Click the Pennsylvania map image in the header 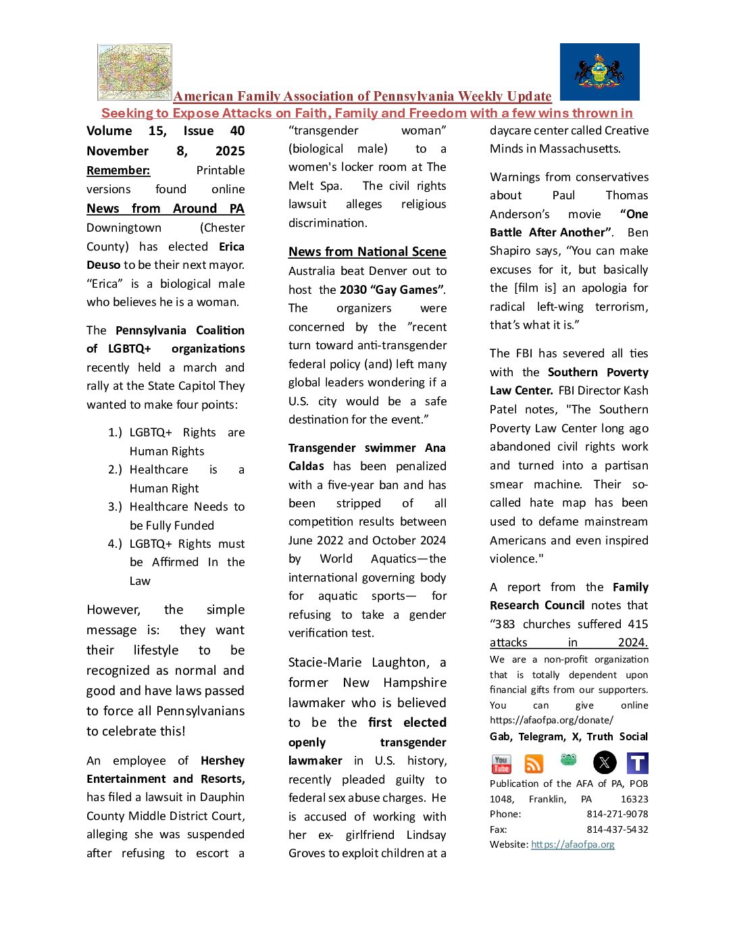point(134,72)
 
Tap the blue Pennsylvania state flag point(599,72)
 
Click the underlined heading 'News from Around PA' point(166,209)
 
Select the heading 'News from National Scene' point(367,252)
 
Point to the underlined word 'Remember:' point(118,170)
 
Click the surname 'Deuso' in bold point(103,265)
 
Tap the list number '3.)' point(115,507)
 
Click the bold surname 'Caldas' point(306,466)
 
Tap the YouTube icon point(501,763)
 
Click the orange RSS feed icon point(534,763)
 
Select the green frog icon point(569,761)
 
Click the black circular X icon point(605,763)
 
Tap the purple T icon point(638,763)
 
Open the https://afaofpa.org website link point(573,844)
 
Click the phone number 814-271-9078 point(617,814)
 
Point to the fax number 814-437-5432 point(617,829)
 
